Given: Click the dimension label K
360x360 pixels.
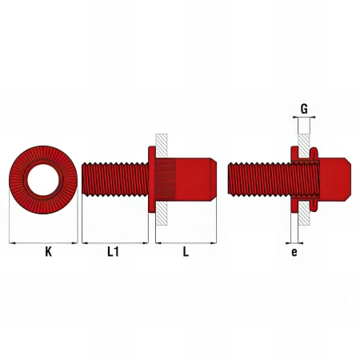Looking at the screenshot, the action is [48, 251].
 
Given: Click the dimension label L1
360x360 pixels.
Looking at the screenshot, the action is [113, 251].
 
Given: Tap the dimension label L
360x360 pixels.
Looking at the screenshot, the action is [186, 251].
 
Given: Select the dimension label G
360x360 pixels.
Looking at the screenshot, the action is [304, 109].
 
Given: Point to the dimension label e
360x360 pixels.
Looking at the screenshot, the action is [294, 252].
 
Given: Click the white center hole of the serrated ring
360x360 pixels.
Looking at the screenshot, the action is [43, 179].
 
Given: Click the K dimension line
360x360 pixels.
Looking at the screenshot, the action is [43, 243].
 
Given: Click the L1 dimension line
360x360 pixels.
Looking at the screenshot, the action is [115, 243].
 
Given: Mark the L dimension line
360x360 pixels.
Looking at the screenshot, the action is [186, 243].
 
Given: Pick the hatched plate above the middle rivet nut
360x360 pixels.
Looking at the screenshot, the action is [162, 146].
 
